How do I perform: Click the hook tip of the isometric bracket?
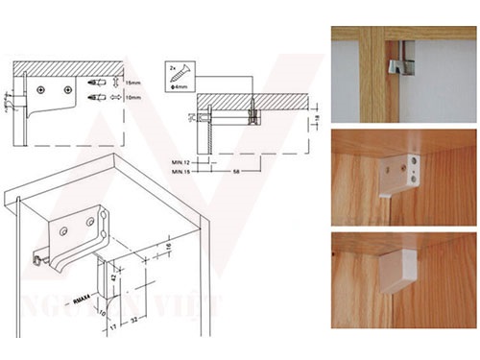37,259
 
